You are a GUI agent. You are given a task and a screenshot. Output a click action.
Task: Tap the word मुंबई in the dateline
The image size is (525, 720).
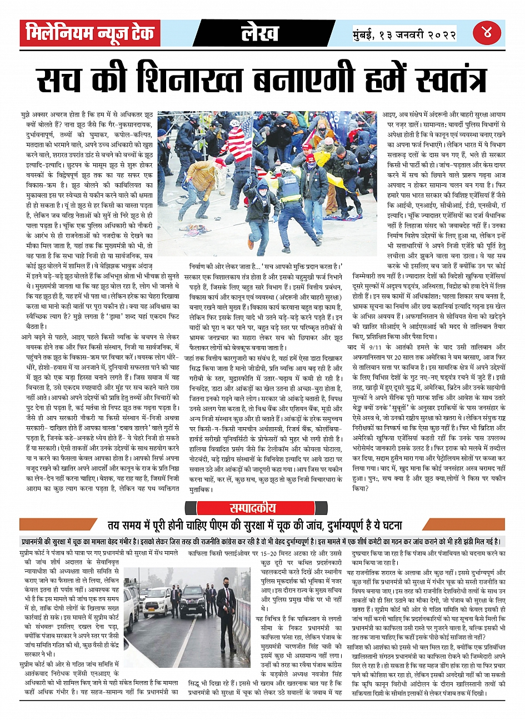367,34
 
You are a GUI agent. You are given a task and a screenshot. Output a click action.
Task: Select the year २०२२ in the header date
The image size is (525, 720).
441,34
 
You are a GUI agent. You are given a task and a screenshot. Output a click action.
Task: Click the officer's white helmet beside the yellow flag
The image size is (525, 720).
286,167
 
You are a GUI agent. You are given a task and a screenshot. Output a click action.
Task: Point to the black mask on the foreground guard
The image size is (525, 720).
226,584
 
